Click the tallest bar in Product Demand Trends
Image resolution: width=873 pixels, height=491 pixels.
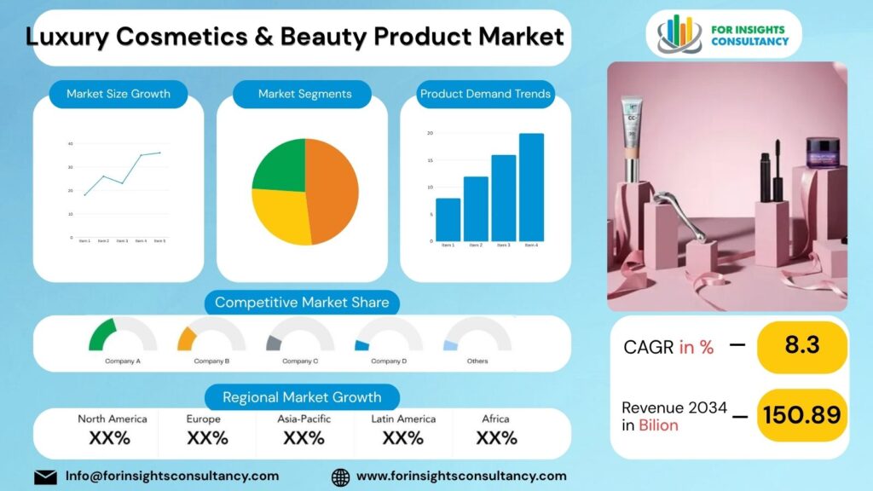pyautogui.click(x=531, y=188)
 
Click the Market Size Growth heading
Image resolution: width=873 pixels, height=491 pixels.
pyautogui.click(x=119, y=94)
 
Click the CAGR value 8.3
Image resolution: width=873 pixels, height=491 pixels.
pyautogui.click(x=801, y=346)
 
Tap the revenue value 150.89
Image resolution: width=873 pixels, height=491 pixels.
pyautogui.click(x=801, y=415)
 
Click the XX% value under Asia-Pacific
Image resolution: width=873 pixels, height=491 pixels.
pyautogui.click(x=304, y=438)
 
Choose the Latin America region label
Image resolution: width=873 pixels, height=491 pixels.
pyautogui.click(x=403, y=419)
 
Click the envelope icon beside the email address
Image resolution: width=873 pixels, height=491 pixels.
pyautogui.click(x=46, y=477)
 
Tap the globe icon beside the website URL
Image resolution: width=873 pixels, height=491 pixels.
pyautogui.click(x=340, y=477)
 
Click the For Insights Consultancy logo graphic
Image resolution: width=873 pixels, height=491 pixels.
pyautogui.click(x=679, y=33)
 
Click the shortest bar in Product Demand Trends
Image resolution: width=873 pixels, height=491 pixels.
pyautogui.click(x=448, y=220)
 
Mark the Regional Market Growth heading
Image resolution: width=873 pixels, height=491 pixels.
pyautogui.click(x=304, y=397)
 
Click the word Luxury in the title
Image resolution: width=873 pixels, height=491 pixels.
pyautogui.click(x=72, y=37)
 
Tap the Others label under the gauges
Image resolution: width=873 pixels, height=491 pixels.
pyautogui.click(x=477, y=361)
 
